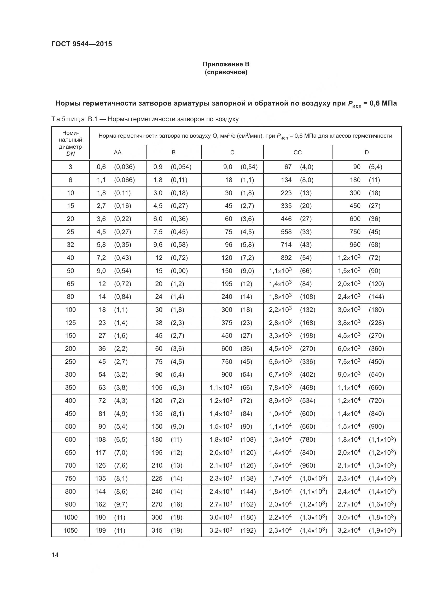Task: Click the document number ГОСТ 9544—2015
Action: coord(82,44)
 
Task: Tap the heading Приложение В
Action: coord(226,64)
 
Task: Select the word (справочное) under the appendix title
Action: coord(226,72)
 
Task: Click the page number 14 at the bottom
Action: coord(55,555)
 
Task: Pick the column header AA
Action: coord(118,153)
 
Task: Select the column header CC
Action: coord(297,153)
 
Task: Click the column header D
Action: coord(366,153)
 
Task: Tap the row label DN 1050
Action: coord(70,530)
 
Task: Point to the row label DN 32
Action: coord(70,245)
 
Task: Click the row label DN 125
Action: coord(70,323)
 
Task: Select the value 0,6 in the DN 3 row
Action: coord(101,167)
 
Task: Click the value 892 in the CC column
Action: coord(286,258)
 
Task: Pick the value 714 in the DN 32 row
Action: coord(286,245)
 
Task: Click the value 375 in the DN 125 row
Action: coord(227,323)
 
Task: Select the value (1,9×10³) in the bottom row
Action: coord(382,530)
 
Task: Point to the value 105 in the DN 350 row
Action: coord(157,387)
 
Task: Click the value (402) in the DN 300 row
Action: coord(307,374)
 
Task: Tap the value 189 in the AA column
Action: coord(101,530)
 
